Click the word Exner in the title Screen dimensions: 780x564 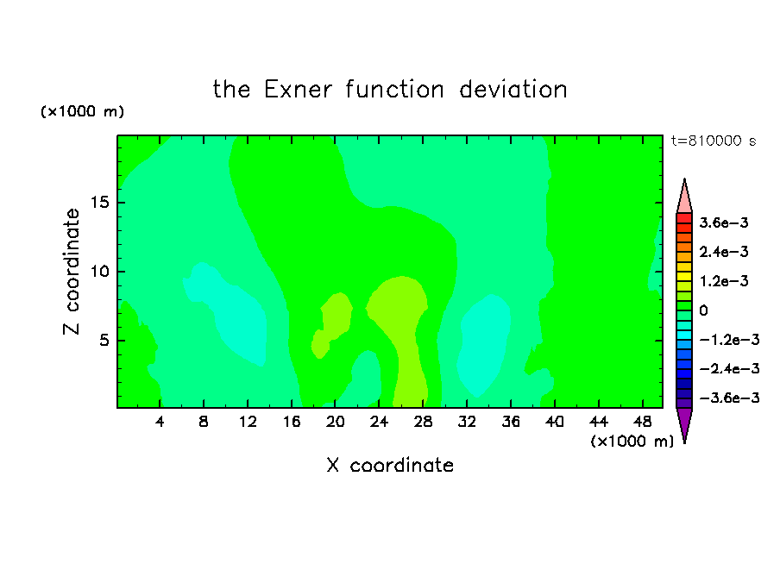point(298,90)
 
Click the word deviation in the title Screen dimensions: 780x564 point(513,90)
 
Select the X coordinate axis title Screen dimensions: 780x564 point(390,465)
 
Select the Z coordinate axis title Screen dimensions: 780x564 point(72,272)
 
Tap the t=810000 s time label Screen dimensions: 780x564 point(714,141)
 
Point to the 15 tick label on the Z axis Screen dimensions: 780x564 point(99,203)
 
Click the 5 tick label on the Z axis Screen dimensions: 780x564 point(104,341)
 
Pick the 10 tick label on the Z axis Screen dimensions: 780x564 point(99,272)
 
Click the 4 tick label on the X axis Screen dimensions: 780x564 point(160,422)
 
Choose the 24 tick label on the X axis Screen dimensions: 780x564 point(379,422)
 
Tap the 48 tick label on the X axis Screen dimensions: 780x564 point(643,422)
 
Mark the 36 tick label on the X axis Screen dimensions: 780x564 point(511,422)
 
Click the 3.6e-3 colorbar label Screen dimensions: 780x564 point(724,222)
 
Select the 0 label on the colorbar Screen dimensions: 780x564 point(703,310)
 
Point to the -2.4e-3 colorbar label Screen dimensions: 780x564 point(729,368)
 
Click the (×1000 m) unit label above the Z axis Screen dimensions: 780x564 point(82,111)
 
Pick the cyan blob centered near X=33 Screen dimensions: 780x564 point(483,346)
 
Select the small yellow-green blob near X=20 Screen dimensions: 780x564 point(332,324)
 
